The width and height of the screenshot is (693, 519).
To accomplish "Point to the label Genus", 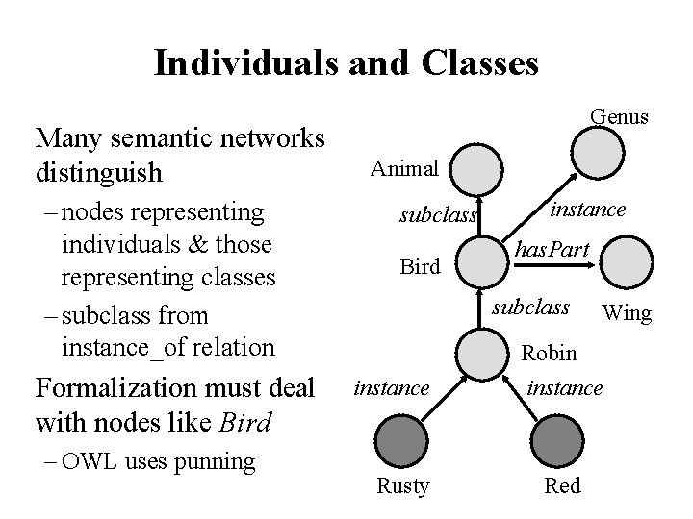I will (x=620, y=116).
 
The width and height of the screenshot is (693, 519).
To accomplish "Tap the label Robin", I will (x=550, y=354).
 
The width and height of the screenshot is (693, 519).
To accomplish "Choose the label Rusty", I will (x=403, y=485).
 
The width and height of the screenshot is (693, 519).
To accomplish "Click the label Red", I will (x=563, y=485).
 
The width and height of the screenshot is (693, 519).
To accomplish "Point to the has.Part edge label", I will (x=552, y=249).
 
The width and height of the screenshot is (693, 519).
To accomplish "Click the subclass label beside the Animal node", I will (x=438, y=215).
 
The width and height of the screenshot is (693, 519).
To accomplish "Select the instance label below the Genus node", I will (x=588, y=209).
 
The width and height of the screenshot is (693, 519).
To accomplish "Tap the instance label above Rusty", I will (x=392, y=387).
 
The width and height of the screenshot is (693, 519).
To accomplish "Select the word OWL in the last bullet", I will (x=90, y=461).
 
